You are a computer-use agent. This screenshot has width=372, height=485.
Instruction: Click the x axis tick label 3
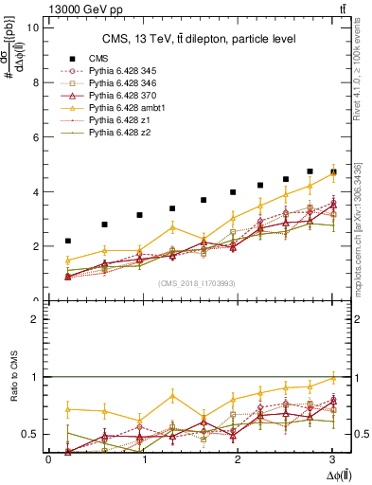[x=336, y=459]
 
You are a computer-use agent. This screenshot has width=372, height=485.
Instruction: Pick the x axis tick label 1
[x=144, y=459]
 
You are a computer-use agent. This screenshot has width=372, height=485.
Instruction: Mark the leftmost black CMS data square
[x=68, y=242]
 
